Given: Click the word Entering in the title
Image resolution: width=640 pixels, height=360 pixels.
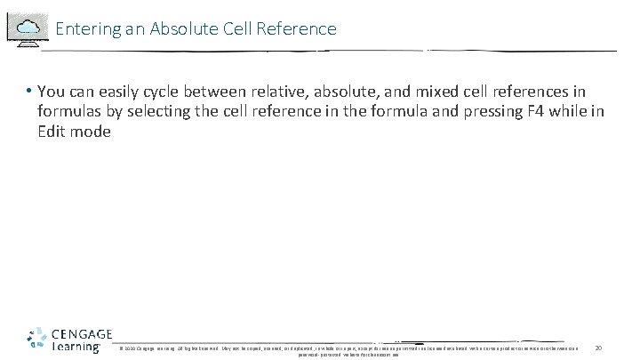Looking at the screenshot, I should coord(84,28).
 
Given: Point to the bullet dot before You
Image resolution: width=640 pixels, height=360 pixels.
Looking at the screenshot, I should coord(29,92).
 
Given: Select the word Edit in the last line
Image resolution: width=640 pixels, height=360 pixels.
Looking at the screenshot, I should coord(51,132).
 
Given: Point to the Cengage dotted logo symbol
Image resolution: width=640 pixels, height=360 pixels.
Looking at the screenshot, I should coord(36,340).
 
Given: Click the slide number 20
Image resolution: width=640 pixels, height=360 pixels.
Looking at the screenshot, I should coord(598,347).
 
